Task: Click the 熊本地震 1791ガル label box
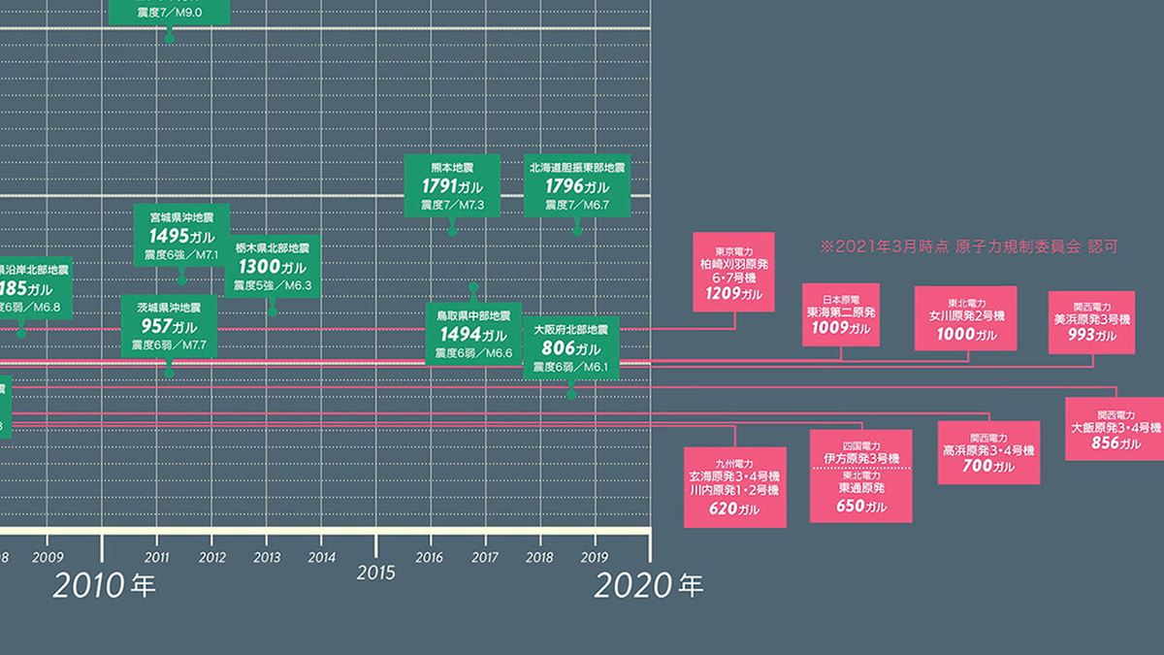pos(451,184)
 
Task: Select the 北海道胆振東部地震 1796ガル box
pos(577,184)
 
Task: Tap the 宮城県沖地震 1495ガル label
pos(181,236)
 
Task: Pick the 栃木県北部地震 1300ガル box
pos(273,265)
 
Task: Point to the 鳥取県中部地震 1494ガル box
pos(473,334)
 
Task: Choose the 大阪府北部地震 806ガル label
pos(570,347)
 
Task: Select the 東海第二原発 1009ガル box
pos(841,313)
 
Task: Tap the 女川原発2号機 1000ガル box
pos(966,317)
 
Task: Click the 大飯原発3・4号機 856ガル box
pos(1115,428)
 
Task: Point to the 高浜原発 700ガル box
pos(989,451)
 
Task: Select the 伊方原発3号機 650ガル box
pos(861,475)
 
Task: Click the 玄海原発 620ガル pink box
pos(734,486)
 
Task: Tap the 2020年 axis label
pos(648,585)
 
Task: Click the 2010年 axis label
pos(104,585)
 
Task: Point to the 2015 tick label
pos(376,573)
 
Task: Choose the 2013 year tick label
pos(267,557)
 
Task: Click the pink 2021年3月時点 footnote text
pos(968,246)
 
